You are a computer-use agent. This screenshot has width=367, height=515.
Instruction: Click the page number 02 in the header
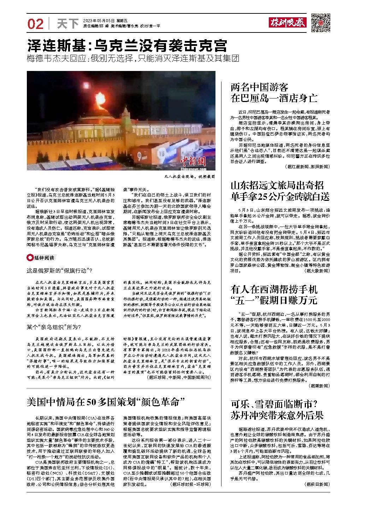(35, 24)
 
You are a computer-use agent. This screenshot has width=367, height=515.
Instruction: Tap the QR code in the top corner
(320, 23)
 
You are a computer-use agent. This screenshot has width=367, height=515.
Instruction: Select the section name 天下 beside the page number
(67, 24)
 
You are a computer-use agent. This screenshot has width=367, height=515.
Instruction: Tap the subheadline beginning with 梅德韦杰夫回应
(133, 59)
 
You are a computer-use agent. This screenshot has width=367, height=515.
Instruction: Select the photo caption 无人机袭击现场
(189, 176)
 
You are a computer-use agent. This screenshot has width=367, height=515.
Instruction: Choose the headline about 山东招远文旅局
(280, 191)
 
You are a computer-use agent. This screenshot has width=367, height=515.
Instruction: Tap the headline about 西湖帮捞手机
(274, 295)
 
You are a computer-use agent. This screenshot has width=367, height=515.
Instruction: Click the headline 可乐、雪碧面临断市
(277, 409)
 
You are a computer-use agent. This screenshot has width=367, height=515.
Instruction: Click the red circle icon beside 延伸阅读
(30, 258)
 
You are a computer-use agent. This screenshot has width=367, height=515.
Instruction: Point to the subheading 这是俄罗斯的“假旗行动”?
(59, 271)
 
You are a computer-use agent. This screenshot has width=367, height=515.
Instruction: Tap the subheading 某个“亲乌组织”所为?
(54, 327)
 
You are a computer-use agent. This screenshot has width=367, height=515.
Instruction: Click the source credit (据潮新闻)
(319, 386)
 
